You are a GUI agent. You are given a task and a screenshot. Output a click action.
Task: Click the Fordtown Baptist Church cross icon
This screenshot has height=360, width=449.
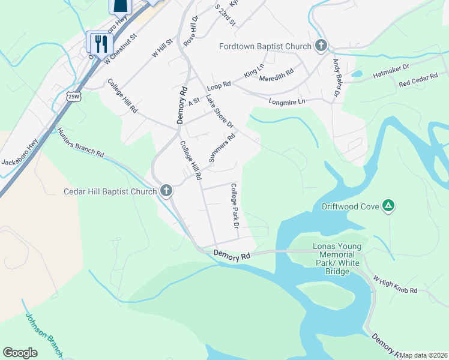pyautogui.click(x=321, y=46)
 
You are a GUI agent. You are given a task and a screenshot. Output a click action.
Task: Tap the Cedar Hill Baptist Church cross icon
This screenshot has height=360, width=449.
pyautogui.click(x=166, y=192)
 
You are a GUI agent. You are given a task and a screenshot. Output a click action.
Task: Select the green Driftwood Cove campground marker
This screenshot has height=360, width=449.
pyautogui.click(x=389, y=206)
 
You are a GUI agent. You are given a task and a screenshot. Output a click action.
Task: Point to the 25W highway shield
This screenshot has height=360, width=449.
pyautogui.click(x=74, y=96)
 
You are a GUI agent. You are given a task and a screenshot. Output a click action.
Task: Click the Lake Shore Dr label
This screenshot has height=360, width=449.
pyautogui.click(x=219, y=111)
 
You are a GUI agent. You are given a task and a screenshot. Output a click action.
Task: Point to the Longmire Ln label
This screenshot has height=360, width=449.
pyautogui.click(x=287, y=101)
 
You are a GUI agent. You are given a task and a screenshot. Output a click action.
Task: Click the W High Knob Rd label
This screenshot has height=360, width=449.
pyautogui.click(x=395, y=285)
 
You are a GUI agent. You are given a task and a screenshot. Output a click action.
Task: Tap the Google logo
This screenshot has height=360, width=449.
pyautogui.click(x=20, y=353)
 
